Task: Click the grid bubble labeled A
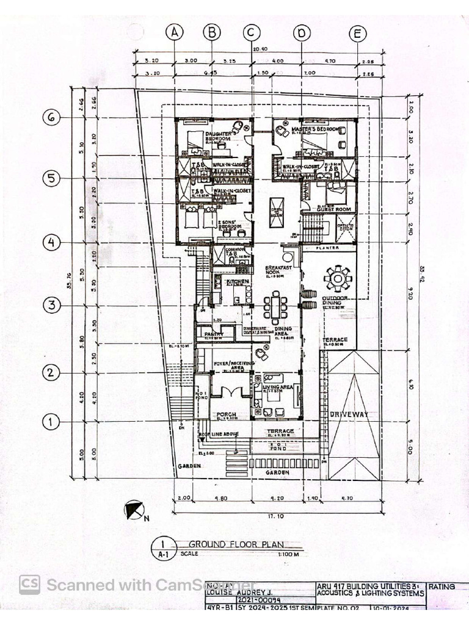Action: [175, 32]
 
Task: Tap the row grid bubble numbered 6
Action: [51, 118]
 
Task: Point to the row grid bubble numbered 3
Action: [51, 305]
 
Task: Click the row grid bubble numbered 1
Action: [51, 421]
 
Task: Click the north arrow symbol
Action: [134, 509]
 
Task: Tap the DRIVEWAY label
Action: [349, 414]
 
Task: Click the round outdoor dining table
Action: [337, 278]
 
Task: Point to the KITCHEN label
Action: [238, 281]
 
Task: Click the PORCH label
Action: [227, 414]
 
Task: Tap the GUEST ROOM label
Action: [335, 209]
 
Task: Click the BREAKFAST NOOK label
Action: [276, 271]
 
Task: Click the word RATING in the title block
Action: [442, 587]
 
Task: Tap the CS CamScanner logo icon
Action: [29, 584]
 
